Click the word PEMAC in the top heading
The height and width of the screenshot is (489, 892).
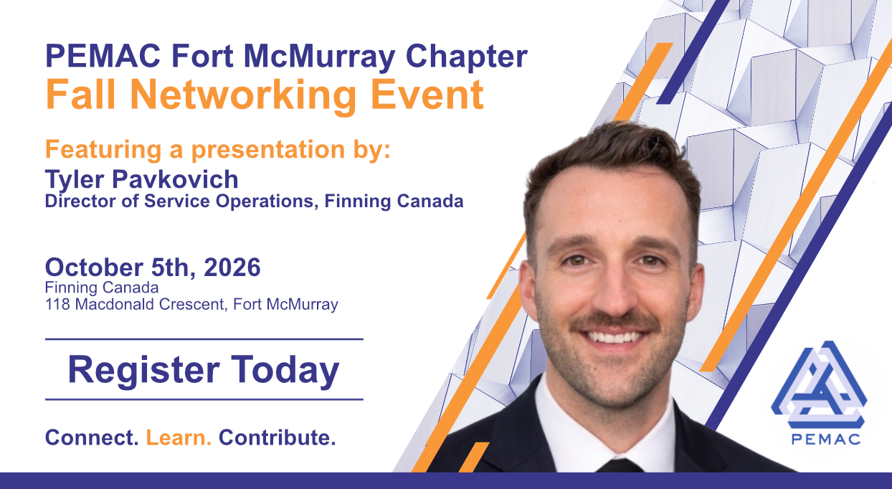(x=103, y=57)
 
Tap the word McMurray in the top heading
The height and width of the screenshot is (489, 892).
(x=319, y=57)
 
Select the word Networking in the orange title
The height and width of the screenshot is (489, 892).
(x=243, y=95)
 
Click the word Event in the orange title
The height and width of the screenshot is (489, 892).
(x=427, y=95)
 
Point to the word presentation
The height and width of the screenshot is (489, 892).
(x=268, y=150)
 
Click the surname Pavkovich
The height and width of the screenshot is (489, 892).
(x=175, y=179)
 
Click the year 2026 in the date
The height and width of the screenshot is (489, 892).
(x=232, y=267)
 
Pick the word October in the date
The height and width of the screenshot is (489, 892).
(x=95, y=267)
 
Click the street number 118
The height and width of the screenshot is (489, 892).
(x=58, y=305)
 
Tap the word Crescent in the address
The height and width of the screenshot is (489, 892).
(x=193, y=305)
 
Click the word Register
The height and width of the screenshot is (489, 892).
(x=143, y=371)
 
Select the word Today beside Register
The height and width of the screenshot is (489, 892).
(x=285, y=371)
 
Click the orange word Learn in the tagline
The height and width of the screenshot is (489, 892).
(x=179, y=437)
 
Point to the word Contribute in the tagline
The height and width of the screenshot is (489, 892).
(x=277, y=437)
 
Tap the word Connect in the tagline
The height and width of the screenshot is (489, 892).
(x=92, y=437)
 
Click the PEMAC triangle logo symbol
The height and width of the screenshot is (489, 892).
(x=819, y=384)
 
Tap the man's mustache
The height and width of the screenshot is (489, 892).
(x=616, y=323)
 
